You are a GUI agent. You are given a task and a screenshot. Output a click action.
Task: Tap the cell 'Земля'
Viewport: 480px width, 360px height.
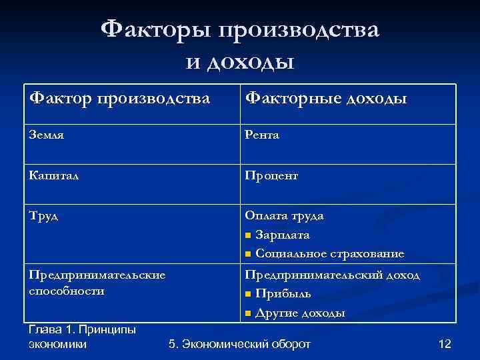(47, 135)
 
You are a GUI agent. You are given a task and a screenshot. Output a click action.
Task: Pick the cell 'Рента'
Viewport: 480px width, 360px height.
(262, 135)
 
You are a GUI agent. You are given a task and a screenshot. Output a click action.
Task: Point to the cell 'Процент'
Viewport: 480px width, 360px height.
(271, 175)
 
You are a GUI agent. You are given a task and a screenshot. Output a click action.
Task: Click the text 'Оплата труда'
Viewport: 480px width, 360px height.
(284, 216)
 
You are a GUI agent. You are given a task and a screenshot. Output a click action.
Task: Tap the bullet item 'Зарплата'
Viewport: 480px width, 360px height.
(282, 235)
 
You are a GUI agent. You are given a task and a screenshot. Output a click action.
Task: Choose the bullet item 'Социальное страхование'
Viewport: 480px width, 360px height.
(329, 254)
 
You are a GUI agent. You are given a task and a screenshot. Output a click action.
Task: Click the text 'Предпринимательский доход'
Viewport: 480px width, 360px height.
(332, 275)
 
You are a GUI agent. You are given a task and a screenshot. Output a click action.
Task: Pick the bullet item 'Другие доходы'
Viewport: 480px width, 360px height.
(300, 313)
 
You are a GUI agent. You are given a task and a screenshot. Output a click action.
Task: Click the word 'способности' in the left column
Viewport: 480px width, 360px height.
(66, 291)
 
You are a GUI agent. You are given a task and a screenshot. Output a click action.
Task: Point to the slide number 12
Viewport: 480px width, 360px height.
(445, 344)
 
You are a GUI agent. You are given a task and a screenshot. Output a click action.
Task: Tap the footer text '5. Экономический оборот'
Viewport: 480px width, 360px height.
(240, 344)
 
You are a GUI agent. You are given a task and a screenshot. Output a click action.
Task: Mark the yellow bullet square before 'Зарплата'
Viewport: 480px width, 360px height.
(248, 236)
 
